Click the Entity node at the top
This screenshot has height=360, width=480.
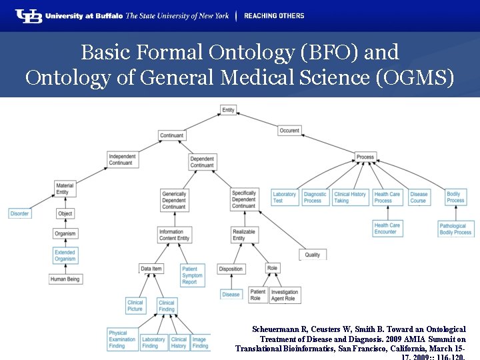coord(228,110)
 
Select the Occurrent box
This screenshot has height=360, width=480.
coord(289,131)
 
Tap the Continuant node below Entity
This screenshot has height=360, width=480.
coord(171,136)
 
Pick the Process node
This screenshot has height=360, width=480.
coord(365,157)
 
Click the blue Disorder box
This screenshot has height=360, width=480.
coord(19,213)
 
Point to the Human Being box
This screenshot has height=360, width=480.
coord(66,279)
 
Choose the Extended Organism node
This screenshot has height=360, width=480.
coord(65,256)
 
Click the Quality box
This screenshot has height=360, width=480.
coord(312,255)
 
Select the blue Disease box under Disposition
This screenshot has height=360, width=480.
coord(231,294)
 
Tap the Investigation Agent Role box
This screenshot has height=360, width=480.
coord(285,295)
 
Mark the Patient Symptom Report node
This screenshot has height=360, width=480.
coord(192,275)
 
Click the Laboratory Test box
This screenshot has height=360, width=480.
coord(284,197)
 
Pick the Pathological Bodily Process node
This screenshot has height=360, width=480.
coord(455,229)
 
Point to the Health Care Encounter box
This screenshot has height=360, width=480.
coord(387,229)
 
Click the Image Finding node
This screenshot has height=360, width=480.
coord(200,343)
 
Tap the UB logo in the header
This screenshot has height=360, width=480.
coord(28,15)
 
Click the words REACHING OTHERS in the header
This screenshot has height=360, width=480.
coord(274,15)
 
